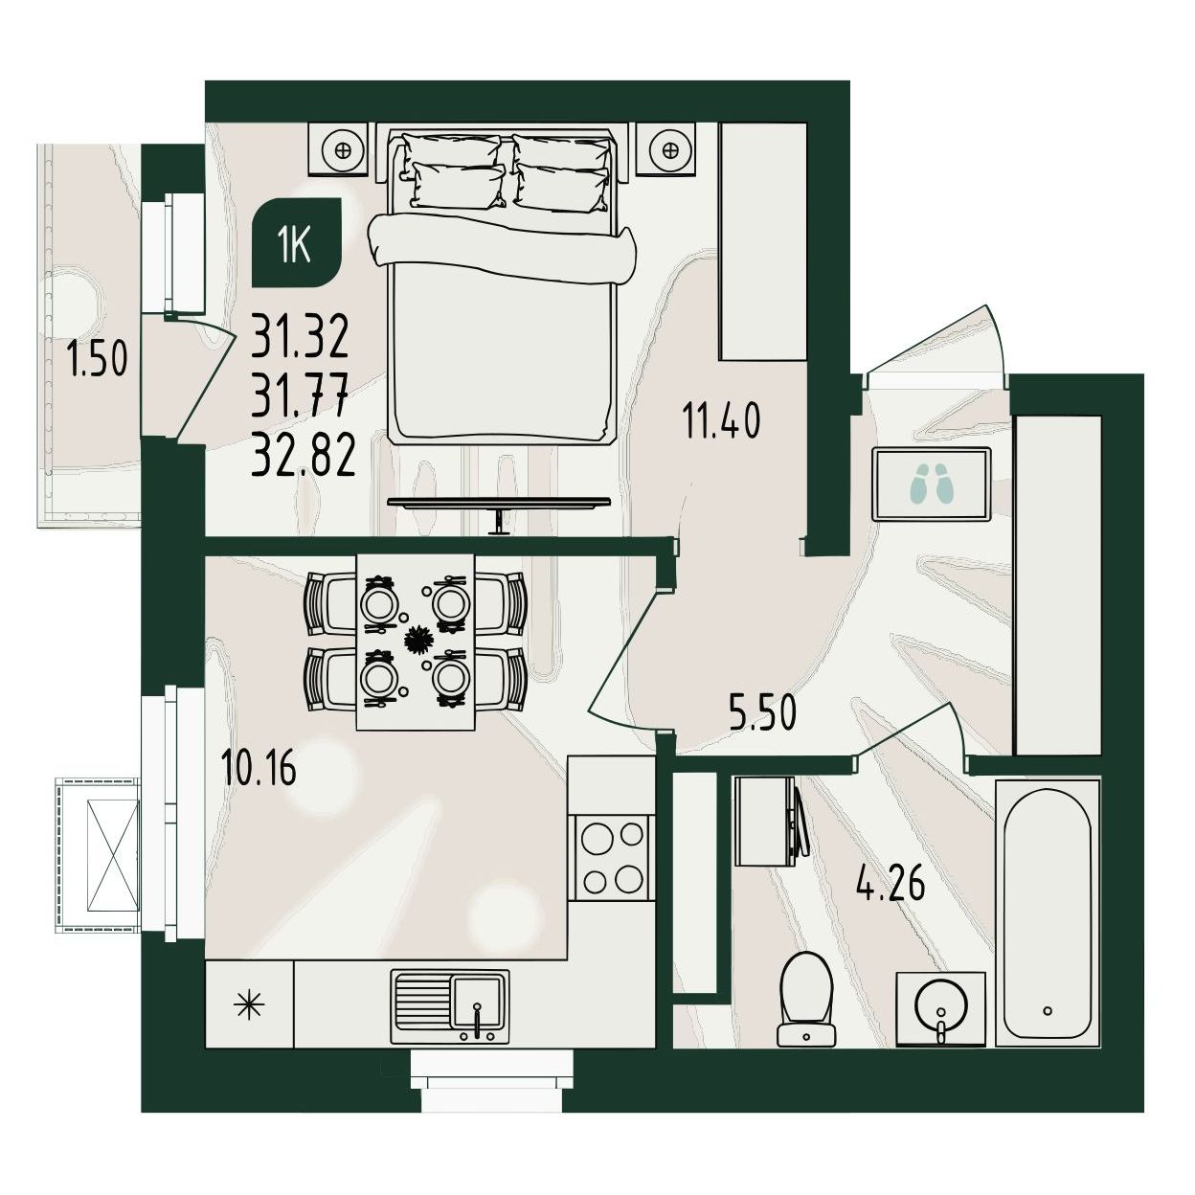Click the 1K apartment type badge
297,242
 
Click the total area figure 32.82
304,455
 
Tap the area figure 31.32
301,335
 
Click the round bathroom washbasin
941,1008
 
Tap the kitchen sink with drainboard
450,1006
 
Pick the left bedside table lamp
342,149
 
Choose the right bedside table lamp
668,149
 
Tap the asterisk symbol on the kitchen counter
249,1005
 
